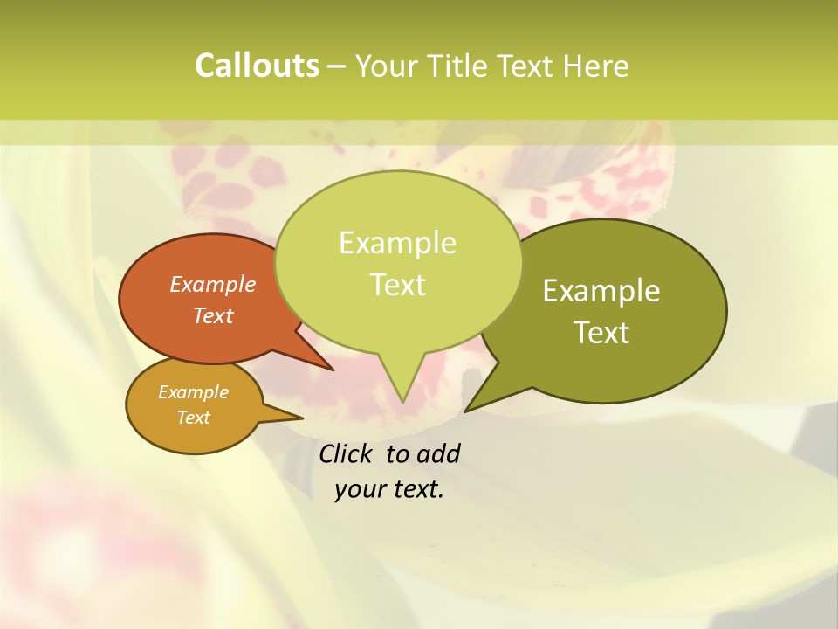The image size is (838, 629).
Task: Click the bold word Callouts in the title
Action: [257, 66]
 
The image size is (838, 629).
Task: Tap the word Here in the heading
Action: [595, 66]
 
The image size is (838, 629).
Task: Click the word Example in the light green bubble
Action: [398, 243]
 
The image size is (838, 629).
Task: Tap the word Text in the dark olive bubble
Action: [601, 333]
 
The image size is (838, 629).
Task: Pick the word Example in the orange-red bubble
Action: [213, 285]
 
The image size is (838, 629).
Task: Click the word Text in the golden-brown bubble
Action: [194, 418]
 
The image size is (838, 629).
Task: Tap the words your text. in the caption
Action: [389, 490]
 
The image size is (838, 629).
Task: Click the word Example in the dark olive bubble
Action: [601, 291]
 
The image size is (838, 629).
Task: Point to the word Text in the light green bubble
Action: [398, 285]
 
